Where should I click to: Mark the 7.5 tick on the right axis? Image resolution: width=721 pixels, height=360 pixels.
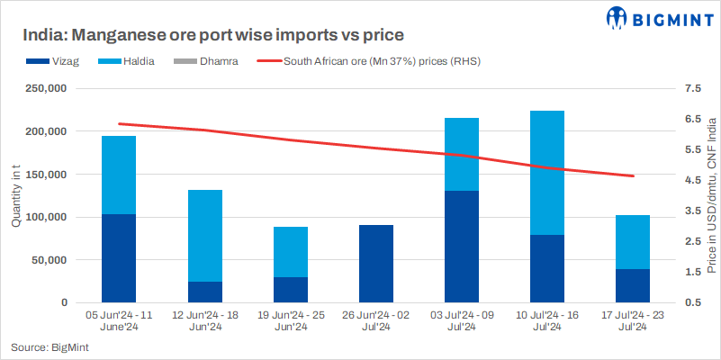click(x=691, y=89)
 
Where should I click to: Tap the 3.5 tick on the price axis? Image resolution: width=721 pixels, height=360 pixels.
click(x=691, y=211)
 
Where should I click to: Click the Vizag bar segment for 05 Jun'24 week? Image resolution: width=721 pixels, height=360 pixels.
click(x=119, y=258)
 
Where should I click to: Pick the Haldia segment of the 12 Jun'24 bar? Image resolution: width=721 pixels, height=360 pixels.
click(x=204, y=236)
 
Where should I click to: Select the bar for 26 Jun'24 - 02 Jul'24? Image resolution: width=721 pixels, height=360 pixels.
click(x=376, y=264)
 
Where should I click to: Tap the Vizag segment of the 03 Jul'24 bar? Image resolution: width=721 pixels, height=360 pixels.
click(x=462, y=247)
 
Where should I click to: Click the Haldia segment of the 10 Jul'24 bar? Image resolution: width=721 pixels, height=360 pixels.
click(x=547, y=173)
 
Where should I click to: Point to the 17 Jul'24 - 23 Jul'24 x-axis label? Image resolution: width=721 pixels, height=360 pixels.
click(x=633, y=321)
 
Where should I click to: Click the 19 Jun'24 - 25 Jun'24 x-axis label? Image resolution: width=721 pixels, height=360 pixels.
click(x=290, y=321)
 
